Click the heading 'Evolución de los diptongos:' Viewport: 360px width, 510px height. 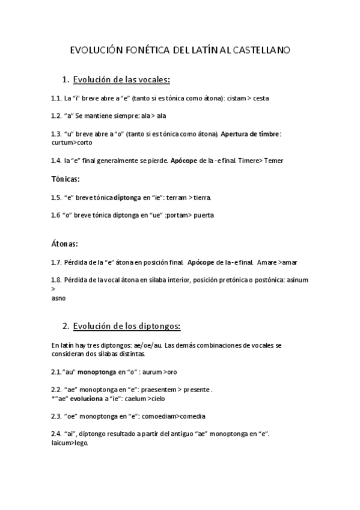[x=126, y=326]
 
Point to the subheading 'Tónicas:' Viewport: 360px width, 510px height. [x=66, y=179]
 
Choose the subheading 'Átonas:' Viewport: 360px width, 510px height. [x=65, y=244]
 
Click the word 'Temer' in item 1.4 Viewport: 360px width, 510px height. [x=273, y=161]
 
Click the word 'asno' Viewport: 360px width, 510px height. [x=59, y=298]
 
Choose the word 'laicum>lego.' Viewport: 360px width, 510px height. [x=70, y=443]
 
